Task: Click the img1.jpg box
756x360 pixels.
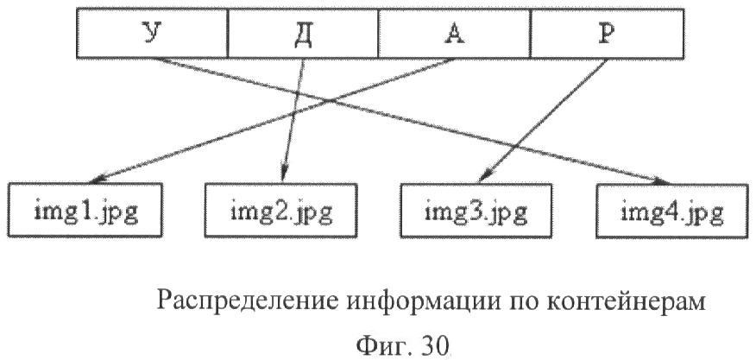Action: (85, 210)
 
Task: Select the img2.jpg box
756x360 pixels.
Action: (280, 210)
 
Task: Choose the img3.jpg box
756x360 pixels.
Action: (476, 210)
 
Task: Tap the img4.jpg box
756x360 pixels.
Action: (671, 210)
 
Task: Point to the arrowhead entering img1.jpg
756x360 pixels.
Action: (97, 180)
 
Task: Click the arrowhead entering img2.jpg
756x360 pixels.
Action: (284, 175)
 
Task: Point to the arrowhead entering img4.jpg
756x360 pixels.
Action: (661, 181)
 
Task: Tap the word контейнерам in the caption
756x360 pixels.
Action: (627, 301)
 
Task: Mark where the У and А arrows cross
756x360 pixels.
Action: (331, 100)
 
